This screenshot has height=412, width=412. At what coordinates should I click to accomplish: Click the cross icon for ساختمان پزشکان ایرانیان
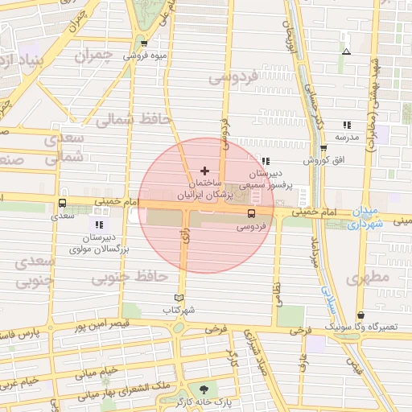coord(204,171)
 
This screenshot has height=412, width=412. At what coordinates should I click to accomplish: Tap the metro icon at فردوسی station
coord(251,214)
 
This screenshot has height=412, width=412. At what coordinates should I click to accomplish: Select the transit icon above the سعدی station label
coord(62,204)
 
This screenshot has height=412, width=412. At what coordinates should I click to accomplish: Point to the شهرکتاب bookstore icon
coord(179,297)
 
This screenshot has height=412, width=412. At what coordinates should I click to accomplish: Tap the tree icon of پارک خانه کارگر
coord(203,389)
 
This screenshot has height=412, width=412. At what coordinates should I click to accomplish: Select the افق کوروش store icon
coord(323,148)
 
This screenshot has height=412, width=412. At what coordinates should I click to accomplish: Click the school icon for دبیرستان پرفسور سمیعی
coord(265,161)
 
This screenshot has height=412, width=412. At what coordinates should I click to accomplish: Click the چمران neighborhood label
coord(91,56)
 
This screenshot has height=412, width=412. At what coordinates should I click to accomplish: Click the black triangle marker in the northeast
coord(346,51)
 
